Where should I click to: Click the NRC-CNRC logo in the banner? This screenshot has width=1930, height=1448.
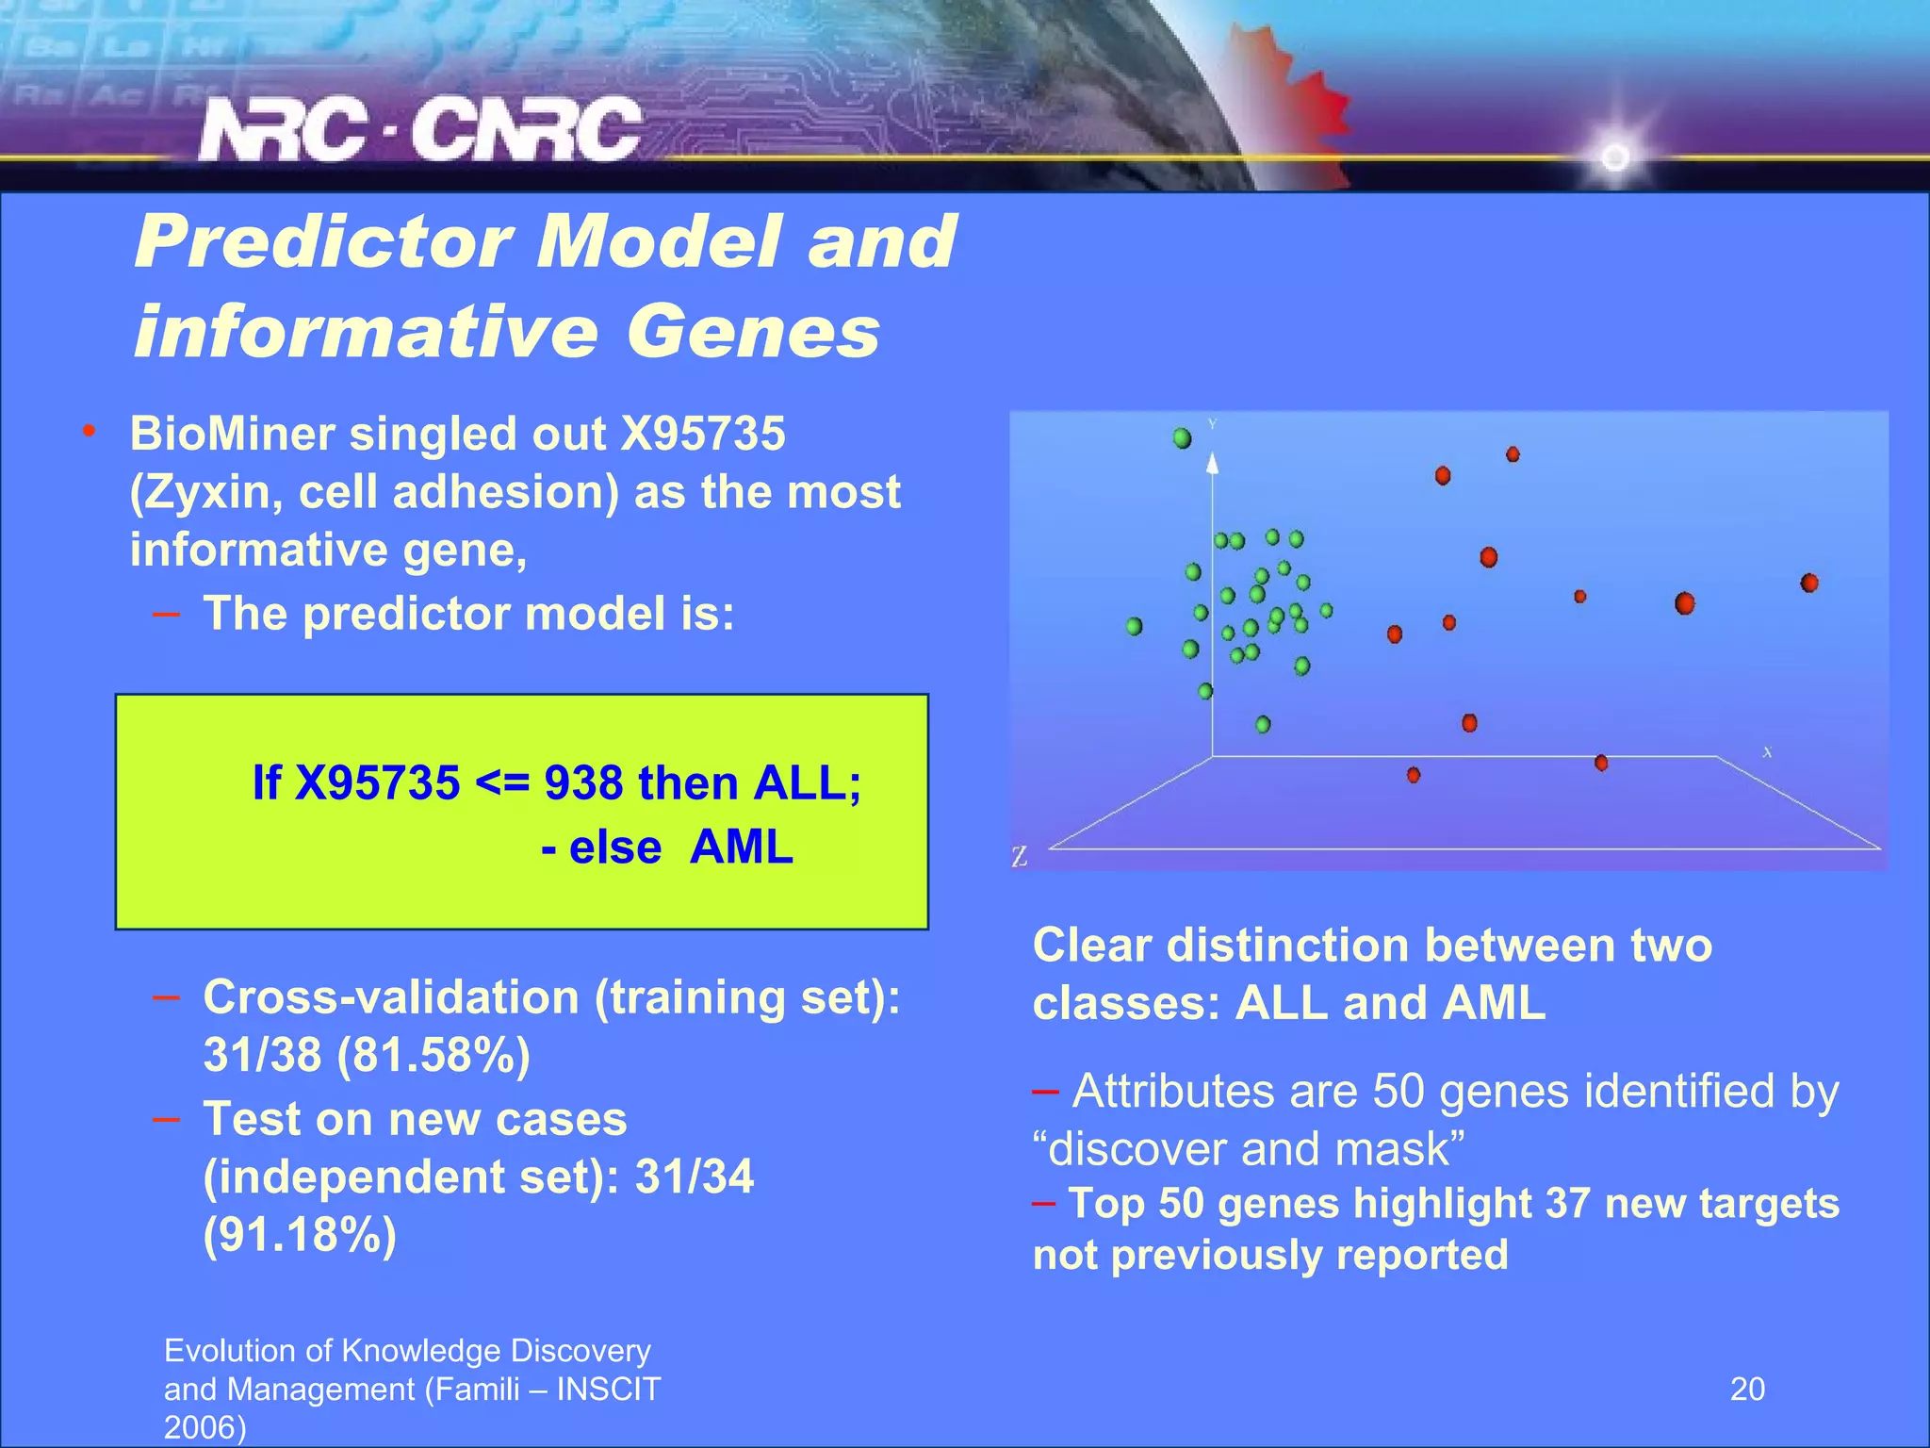point(419,130)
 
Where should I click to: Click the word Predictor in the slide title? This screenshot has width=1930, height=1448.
point(322,241)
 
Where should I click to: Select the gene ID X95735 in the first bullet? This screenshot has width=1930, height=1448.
point(702,435)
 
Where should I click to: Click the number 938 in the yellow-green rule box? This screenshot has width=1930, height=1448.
point(583,783)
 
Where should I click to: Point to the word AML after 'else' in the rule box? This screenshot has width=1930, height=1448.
point(741,847)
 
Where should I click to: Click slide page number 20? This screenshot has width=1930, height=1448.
point(1747,1390)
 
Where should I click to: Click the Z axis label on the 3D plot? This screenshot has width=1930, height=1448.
point(1019,858)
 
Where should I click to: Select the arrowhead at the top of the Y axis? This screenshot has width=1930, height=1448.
point(1213,461)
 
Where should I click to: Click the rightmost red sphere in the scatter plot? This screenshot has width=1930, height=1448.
point(1808,584)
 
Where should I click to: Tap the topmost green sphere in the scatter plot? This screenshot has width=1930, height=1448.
point(1182,438)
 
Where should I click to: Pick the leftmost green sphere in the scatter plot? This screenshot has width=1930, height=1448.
point(1134,626)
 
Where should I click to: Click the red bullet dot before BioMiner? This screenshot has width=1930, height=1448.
point(89,433)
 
